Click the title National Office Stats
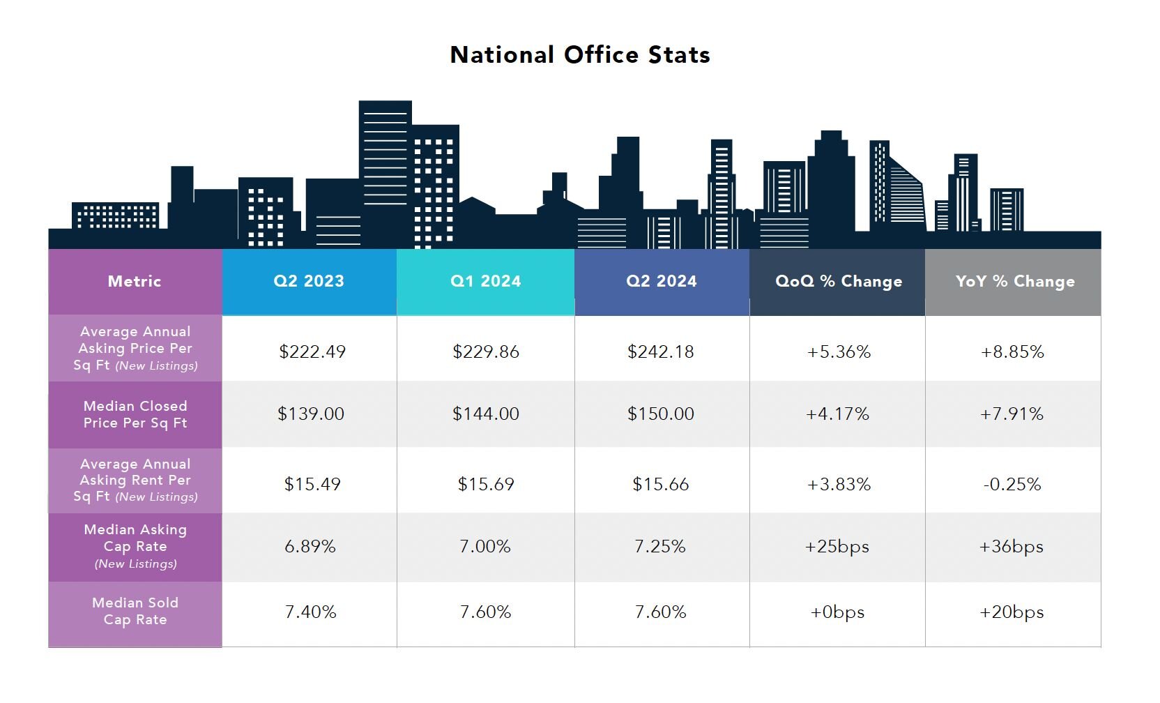click(x=580, y=55)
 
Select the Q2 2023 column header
click(x=309, y=281)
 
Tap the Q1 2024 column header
click(x=485, y=281)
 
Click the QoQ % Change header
click(x=839, y=281)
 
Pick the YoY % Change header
click(x=1014, y=281)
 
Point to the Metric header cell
click(x=135, y=281)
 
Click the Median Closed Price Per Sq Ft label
click(x=135, y=414)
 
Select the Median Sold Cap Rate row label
click(x=135, y=611)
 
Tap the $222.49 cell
click(x=312, y=351)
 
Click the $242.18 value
click(x=660, y=351)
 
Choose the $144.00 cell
click(x=485, y=414)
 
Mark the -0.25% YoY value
click(x=1012, y=484)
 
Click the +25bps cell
click(x=837, y=546)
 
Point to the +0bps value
click(x=837, y=612)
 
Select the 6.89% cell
click(x=310, y=546)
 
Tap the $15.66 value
click(x=660, y=484)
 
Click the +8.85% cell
click(x=1012, y=351)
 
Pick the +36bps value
click(x=1011, y=546)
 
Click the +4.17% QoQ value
click(x=837, y=414)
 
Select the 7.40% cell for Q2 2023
click(x=310, y=612)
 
